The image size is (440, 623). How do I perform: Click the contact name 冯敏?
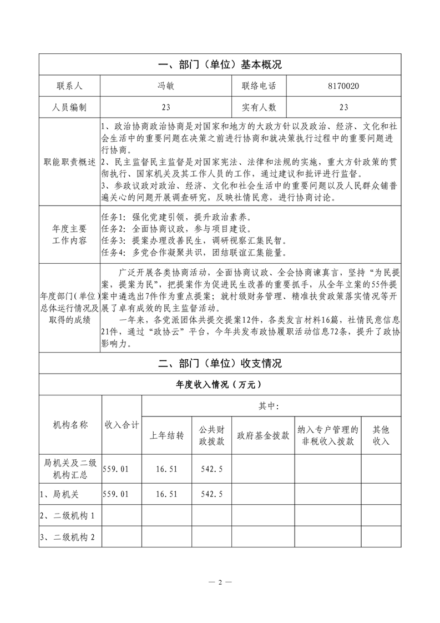(166, 86)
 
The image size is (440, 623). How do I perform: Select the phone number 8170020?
(343, 86)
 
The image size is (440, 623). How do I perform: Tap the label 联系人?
(69, 86)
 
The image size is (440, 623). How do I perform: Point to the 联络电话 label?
(259, 86)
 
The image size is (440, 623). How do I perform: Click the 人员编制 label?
(69, 107)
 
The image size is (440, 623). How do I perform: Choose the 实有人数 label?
(259, 107)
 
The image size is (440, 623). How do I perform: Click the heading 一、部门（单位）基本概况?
(220, 64)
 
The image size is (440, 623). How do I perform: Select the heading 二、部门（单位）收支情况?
(220, 364)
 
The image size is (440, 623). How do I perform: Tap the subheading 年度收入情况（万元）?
(220, 384)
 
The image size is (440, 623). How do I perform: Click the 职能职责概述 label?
(69, 162)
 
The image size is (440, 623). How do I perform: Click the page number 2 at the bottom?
(220, 582)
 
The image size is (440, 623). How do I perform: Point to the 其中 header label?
(269, 406)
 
